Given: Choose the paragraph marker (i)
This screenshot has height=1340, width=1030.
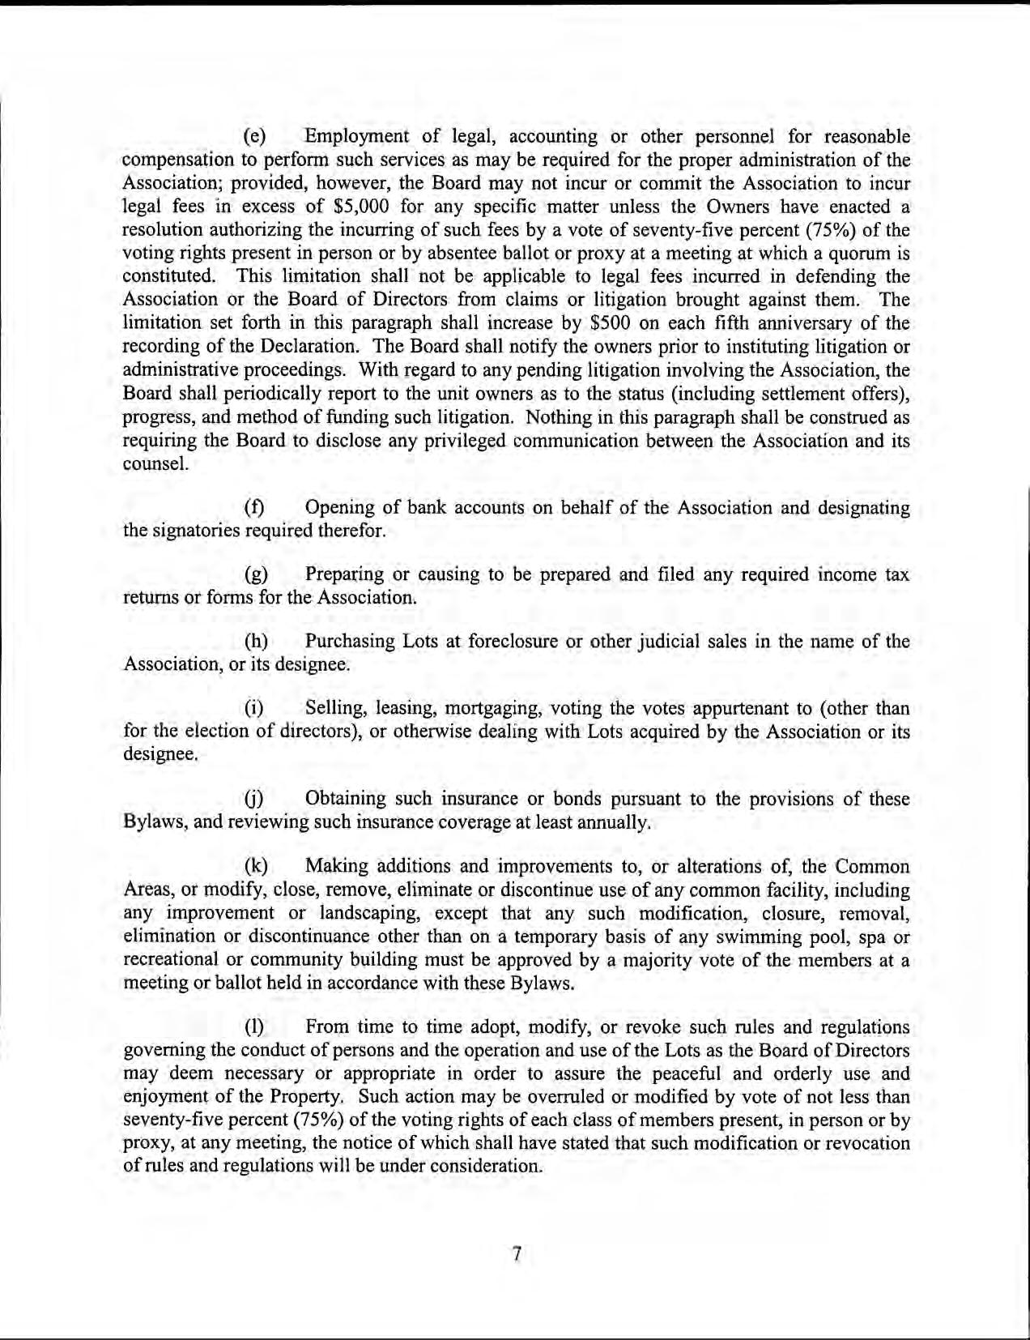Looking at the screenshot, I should point(256,709).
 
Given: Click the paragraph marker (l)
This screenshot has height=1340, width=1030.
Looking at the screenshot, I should point(256,1028).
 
